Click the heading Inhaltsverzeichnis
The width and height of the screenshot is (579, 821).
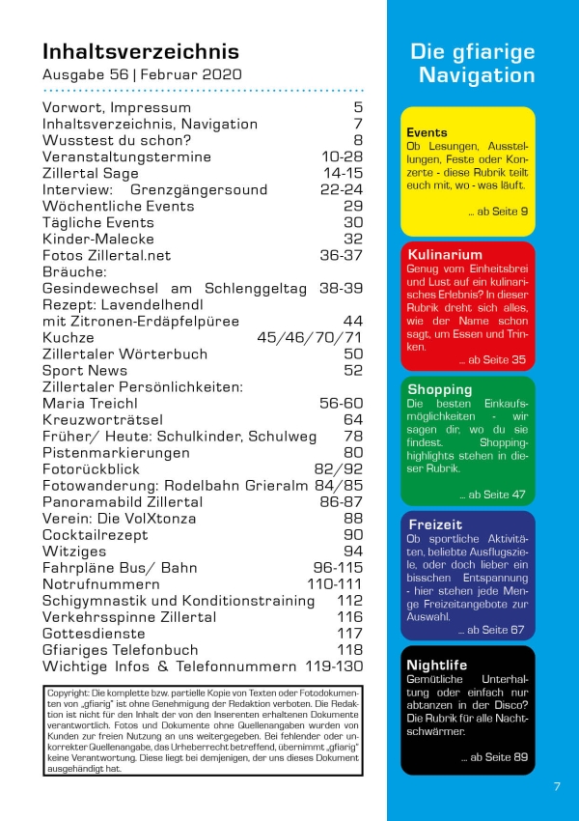coord(141,51)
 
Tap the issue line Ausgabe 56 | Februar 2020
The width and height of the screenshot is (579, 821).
coord(141,74)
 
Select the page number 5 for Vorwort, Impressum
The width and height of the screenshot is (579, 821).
coord(357,108)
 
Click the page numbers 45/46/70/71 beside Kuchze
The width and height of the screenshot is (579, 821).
coord(310,337)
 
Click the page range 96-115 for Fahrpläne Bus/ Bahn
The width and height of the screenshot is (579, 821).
coord(338,567)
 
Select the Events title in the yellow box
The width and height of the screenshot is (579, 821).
coord(427,132)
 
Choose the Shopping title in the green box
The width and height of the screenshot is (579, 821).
coord(439,389)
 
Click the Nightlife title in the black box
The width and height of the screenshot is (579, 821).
coord(437,665)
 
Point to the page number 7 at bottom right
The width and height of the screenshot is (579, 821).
coord(557,786)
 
